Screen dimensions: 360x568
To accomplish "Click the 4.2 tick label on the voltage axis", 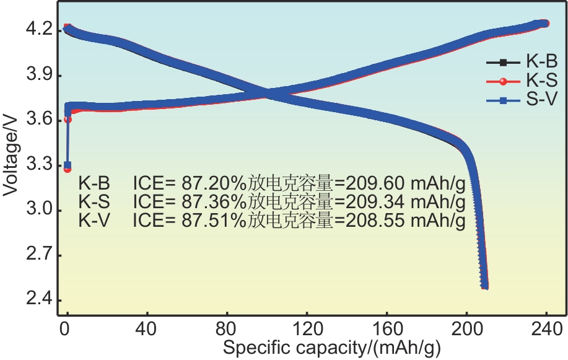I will [x=42, y=30].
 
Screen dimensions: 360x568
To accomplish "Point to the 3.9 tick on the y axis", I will [x=42, y=76].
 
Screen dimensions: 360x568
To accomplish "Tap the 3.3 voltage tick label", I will [x=42, y=165].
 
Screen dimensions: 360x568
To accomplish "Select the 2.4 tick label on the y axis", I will [x=42, y=301].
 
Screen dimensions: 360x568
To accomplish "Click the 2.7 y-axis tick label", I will [x=42, y=255].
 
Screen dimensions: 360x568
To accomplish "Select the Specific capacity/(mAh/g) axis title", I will [x=332, y=349].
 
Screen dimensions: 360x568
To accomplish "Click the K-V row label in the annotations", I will [x=94, y=221].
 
